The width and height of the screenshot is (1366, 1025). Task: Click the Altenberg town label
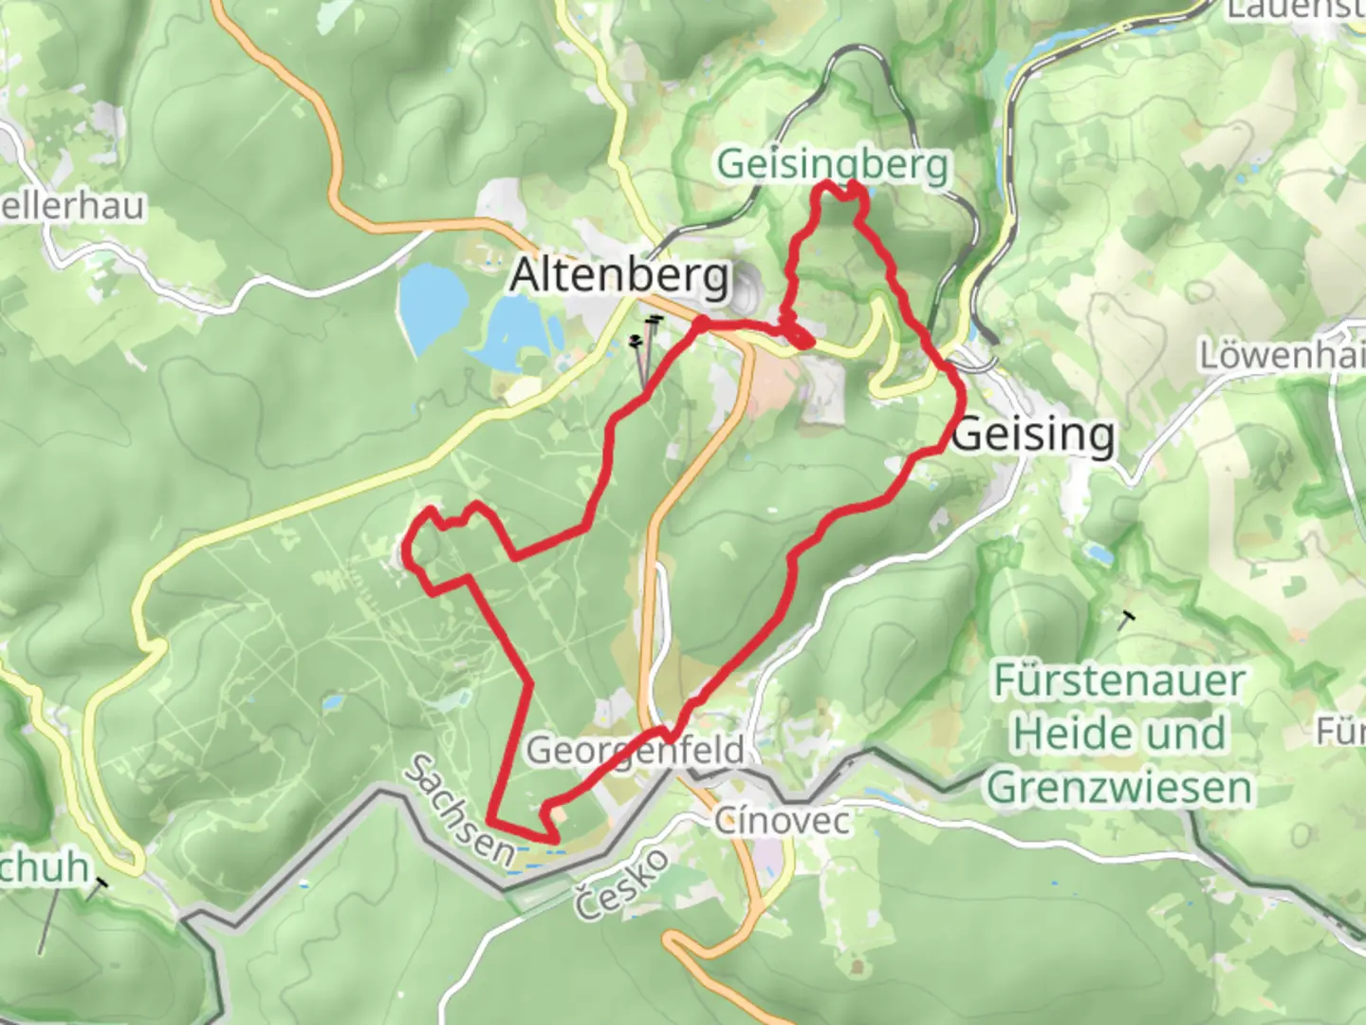620,276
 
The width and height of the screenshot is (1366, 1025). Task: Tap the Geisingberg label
832,164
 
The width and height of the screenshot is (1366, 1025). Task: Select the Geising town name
1034,435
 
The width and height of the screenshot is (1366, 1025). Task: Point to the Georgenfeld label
636,750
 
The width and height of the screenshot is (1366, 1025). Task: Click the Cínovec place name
782,820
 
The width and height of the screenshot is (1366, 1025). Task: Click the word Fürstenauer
1119,681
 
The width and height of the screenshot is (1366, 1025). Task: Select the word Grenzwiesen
1119,788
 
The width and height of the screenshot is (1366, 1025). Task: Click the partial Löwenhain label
1281,356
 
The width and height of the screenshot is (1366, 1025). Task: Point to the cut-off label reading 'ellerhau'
72,206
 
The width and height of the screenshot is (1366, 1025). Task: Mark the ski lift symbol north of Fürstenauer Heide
1126,620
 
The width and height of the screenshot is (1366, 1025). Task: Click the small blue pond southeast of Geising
1098,553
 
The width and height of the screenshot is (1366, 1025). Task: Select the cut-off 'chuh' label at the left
44,867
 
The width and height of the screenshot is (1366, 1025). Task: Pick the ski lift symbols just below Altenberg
644,332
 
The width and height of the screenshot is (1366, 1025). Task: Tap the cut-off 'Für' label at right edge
1340,732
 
